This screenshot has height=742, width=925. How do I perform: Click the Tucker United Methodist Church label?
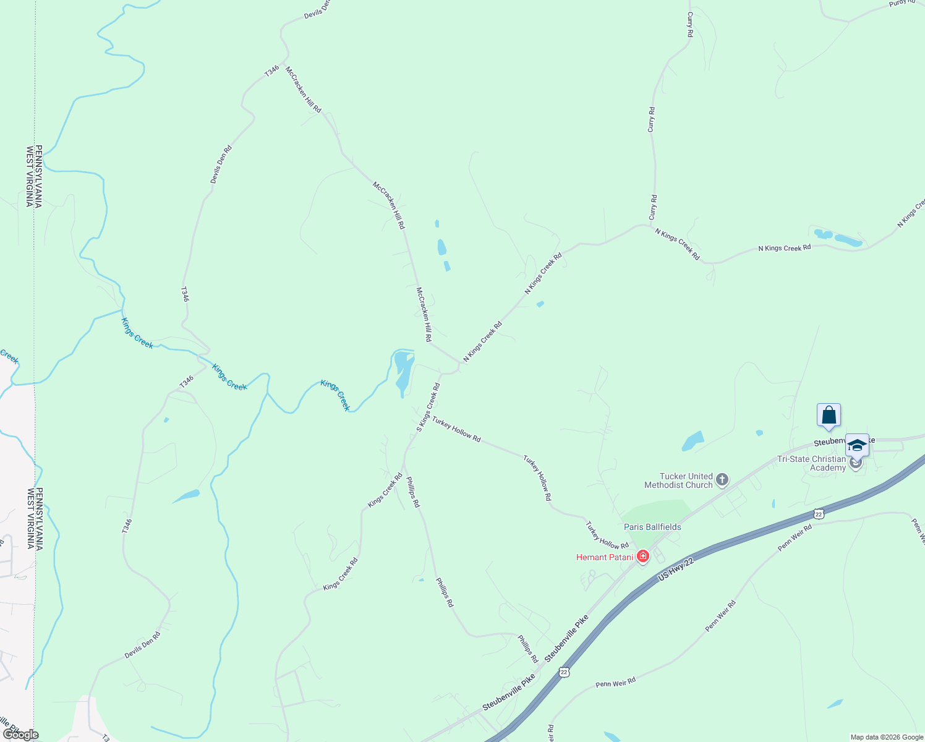678,480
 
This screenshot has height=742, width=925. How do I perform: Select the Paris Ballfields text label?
652,527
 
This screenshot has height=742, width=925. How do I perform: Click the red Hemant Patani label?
605,557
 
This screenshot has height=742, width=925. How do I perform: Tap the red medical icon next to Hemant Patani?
643,556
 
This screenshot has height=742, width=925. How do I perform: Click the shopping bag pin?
829,415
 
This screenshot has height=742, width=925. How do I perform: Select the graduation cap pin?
857,445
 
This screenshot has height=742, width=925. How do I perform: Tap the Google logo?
20,735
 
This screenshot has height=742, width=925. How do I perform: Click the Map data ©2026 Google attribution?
886,737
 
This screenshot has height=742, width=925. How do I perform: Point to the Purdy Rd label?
902,2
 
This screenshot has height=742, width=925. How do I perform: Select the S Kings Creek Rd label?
428,407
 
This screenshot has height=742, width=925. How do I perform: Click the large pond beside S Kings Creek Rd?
403,371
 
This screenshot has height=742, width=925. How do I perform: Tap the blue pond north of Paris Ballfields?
693,441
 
